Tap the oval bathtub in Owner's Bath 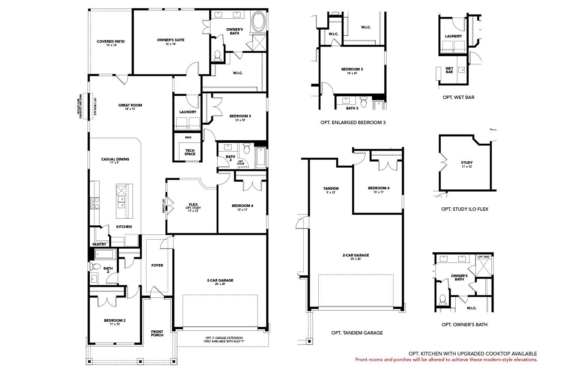258,22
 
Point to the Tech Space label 190,152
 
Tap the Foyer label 157,265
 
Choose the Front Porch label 157,333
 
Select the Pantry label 99,244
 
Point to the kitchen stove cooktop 95,203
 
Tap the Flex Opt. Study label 193,207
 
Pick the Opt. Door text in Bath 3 241,162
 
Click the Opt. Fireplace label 95,106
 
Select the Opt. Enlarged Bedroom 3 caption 353,122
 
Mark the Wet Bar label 449,70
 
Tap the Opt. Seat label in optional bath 483,257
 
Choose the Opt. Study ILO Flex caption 465,209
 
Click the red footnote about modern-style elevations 446,360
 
